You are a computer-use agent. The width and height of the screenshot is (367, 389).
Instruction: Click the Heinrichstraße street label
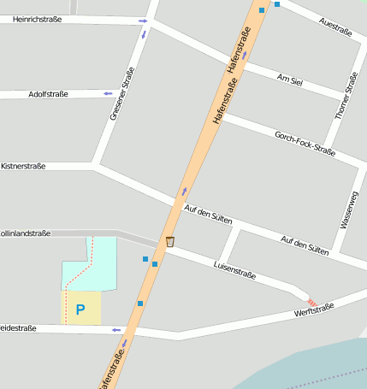point(38,19)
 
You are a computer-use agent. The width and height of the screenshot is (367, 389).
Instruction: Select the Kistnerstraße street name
point(23,165)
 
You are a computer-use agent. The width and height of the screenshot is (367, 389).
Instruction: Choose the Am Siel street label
point(291,80)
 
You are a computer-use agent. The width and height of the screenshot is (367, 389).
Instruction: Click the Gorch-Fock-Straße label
point(305,142)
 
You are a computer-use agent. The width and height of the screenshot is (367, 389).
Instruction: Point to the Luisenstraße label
point(234,270)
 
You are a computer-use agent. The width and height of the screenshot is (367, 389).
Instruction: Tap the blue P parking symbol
point(80,309)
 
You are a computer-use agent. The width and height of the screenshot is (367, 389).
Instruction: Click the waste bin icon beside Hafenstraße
point(170,242)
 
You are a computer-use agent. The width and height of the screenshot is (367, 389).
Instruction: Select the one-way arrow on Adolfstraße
point(108,92)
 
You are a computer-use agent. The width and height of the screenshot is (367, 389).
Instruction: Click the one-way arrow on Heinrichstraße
point(141,20)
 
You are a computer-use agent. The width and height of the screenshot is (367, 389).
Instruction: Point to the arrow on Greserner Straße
point(144,34)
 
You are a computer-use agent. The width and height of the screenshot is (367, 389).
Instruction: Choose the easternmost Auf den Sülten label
point(305,245)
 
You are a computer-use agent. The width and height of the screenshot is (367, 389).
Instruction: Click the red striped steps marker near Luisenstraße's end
point(311,302)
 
